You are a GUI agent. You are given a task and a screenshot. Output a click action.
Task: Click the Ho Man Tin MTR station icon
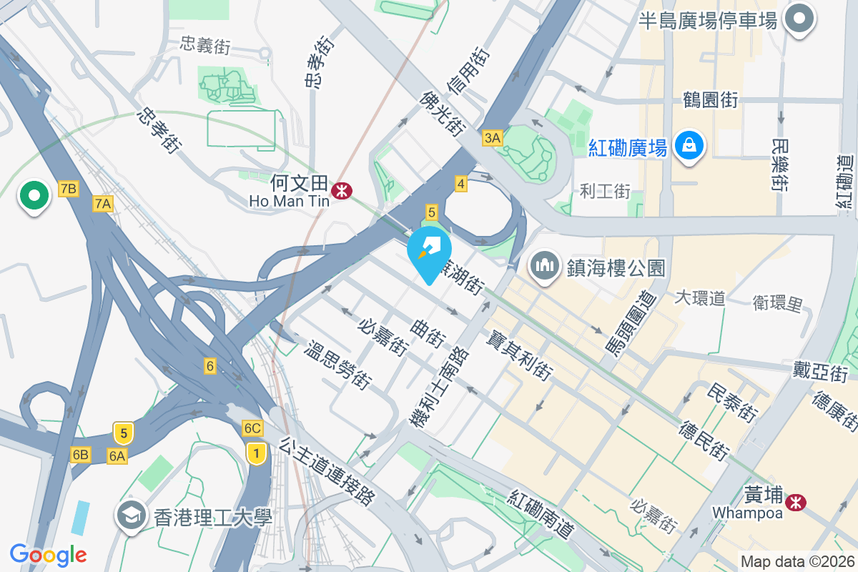pyautogui.click(x=341, y=190)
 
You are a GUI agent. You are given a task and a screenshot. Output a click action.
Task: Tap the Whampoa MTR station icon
pyautogui.click(x=794, y=503)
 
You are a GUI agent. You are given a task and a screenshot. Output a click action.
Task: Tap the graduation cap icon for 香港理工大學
pyautogui.click(x=132, y=515)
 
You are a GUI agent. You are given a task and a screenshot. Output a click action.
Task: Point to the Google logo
pyautogui.click(x=48, y=554)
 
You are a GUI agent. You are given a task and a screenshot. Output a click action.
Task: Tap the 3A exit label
pyautogui.click(x=492, y=138)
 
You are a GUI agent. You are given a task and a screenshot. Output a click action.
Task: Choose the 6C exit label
pyautogui.click(x=252, y=428)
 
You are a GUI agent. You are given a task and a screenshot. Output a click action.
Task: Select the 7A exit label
pyautogui.click(x=103, y=204)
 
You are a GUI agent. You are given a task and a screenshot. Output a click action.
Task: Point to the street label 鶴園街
pyautogui.click(x=710, y=100)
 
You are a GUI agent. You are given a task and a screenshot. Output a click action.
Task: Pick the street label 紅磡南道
pyautogui.click(x=543, y=514)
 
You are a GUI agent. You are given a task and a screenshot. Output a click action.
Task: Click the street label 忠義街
pyautogui.click(x=206, y=47)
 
